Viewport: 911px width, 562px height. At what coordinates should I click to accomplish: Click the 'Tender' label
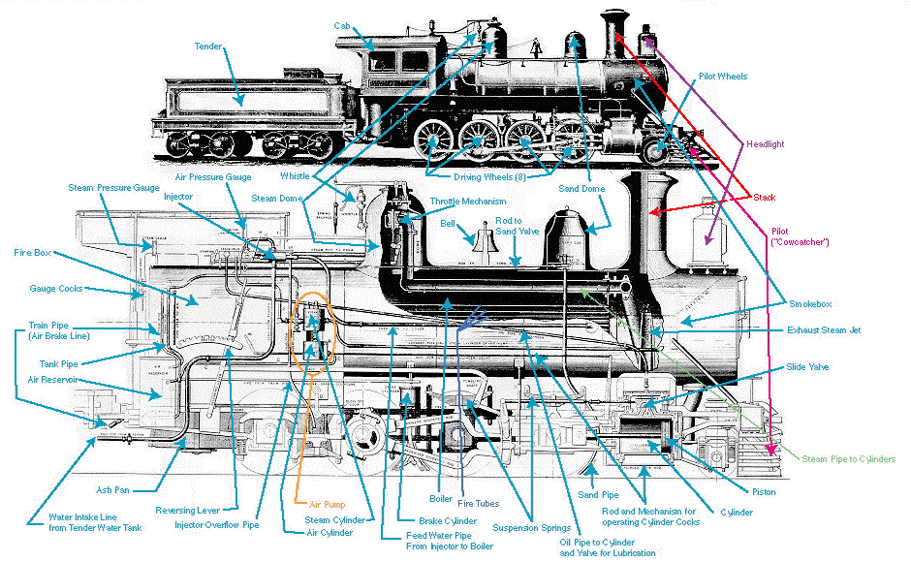tap(208, 46)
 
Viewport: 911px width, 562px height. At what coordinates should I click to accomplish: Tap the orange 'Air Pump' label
tap(328, 505)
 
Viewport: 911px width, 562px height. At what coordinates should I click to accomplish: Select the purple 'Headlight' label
tap(765, 144)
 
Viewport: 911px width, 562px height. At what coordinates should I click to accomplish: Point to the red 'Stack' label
tap(765, 198)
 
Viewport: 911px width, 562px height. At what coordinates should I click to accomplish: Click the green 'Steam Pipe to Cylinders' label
tap(848, 458)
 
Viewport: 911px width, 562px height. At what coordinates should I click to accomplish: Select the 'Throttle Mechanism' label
tap(468, 202)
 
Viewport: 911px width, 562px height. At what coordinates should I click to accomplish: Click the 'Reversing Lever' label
tap(196, 510)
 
